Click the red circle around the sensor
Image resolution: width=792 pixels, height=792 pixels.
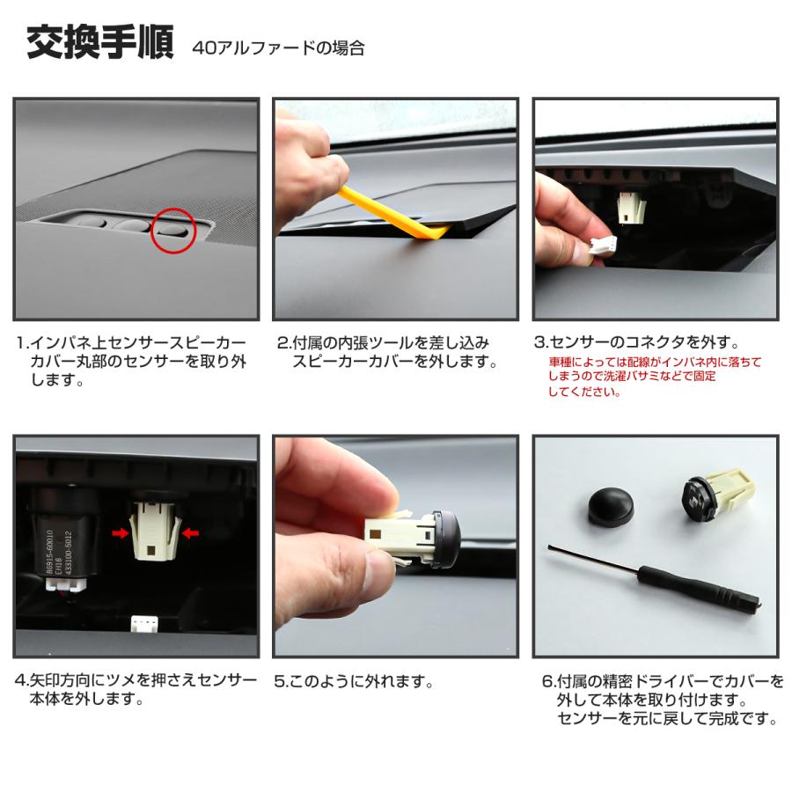(x=171, y=231)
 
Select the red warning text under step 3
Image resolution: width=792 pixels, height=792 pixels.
(x=654, y=377)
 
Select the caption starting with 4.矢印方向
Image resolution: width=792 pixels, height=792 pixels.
(x=136, y=690)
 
